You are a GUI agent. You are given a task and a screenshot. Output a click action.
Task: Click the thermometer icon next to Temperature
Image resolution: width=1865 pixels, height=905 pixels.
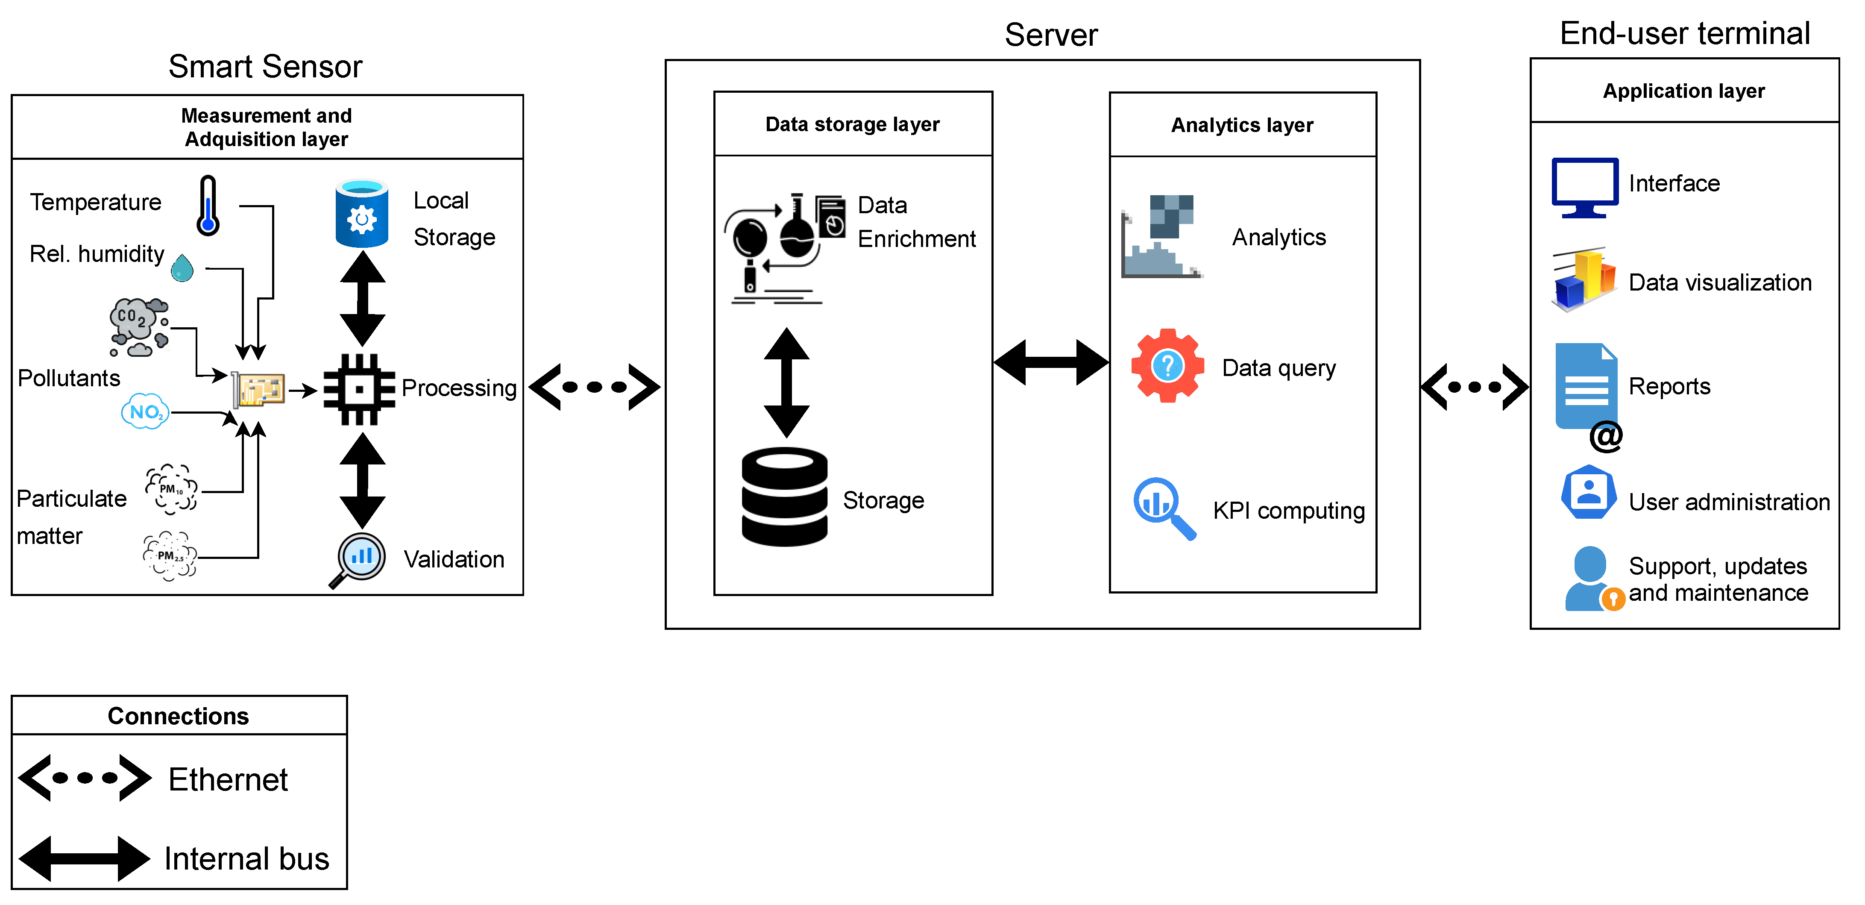click(208, 206)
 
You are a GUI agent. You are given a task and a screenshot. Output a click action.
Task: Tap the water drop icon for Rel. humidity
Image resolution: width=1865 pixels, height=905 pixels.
click(182, 268)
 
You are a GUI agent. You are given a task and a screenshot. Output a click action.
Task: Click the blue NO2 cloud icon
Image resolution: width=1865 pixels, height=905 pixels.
click(145, 412)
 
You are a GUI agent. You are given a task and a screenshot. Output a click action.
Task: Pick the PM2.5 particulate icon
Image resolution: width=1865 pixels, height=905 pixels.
click(170, 556)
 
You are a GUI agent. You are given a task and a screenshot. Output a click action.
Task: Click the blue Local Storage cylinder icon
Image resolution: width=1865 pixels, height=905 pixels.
click(361, 214)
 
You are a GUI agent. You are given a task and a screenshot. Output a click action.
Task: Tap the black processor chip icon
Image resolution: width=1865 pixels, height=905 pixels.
click(359, 390)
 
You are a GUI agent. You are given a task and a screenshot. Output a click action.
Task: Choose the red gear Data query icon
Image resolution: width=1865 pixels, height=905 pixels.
click(1167, 366)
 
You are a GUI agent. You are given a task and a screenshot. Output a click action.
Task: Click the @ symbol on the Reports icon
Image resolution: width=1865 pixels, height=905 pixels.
click(1605, 436)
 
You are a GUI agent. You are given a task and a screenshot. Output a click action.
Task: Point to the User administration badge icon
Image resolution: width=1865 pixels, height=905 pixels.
click(1589, 492)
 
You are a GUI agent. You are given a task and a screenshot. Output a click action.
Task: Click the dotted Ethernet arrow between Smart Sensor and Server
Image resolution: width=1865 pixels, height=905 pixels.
click(594, 388)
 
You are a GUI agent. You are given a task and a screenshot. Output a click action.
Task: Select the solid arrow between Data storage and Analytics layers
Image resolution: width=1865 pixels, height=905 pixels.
click(1050, 362)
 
